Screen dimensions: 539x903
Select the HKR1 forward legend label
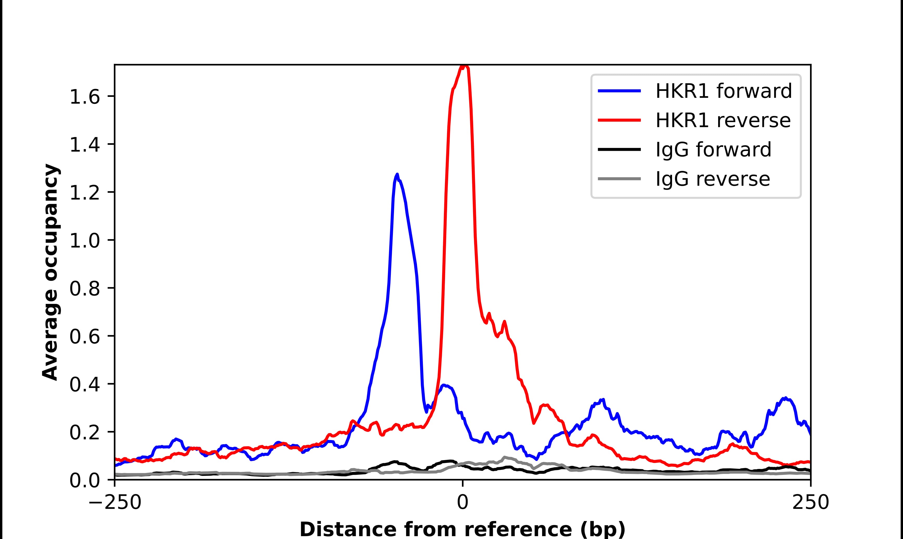pos(723,91)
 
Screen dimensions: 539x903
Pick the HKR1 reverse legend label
pos(723,120)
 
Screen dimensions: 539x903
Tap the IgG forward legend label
pos(713,150)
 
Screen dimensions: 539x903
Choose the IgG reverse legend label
pos(712,179)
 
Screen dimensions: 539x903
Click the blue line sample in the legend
pos(619,91)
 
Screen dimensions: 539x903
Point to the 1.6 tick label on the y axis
pos(84,97)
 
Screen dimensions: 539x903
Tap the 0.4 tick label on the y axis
pos(84,385)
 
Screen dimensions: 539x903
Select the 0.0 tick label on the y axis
pos(84,480)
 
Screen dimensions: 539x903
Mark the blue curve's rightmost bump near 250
pos(785,398)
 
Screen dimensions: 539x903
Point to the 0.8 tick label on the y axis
pos(84,289)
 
